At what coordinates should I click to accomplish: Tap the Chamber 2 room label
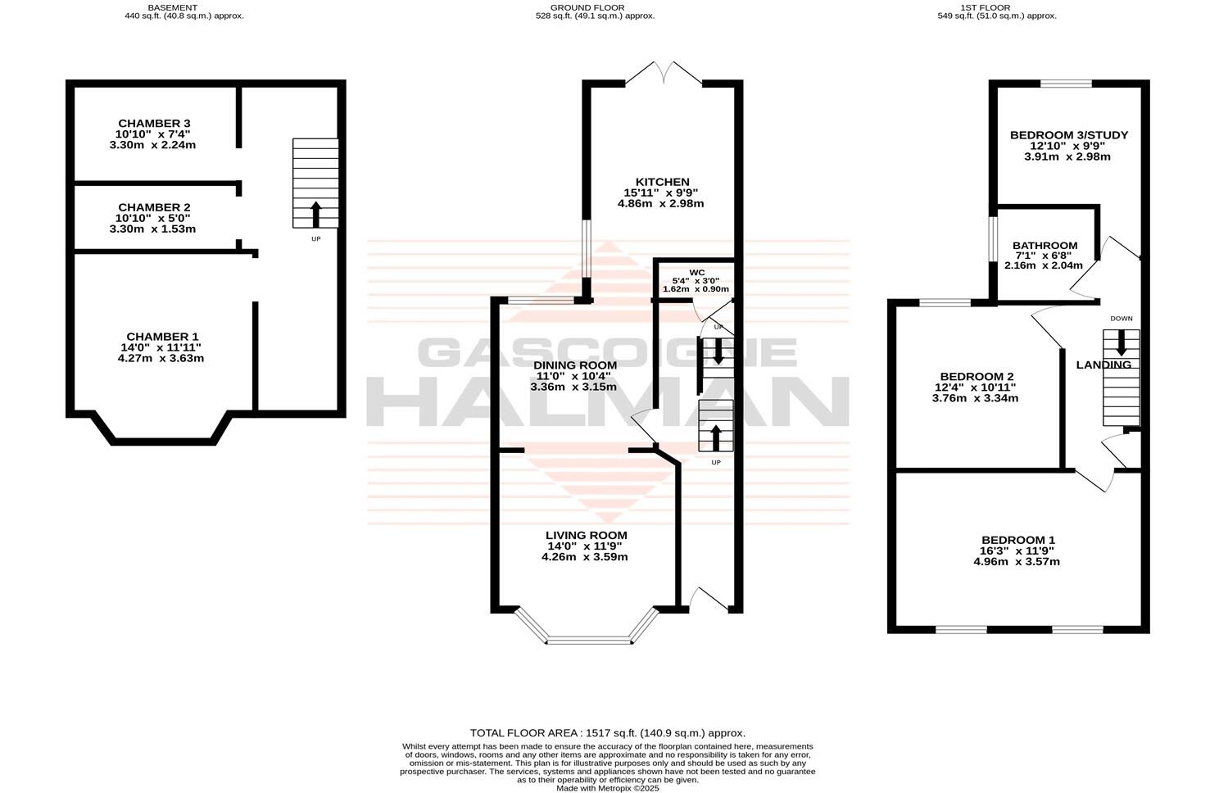[x=154, y=207]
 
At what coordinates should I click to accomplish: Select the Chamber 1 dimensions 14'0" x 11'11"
[x=162, y=347]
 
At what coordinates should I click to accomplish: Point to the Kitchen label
[x=663, y=182]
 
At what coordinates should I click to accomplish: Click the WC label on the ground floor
[x=696, y=272]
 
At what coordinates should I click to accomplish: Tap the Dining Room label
[x=574, y=365]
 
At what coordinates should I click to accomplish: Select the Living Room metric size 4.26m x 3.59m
[x=584, y=557]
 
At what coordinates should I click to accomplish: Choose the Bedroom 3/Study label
[x=1068, y=135]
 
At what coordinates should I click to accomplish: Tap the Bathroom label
[x=1045, y=246]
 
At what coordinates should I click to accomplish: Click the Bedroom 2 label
[x=975, y=377]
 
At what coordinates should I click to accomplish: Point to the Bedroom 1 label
[x=1017, y=540]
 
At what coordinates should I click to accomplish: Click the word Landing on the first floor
[x=1103, y=365]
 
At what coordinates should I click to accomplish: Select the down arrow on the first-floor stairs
[x=1121, y=344]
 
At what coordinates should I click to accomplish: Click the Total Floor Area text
[x=607, y=733]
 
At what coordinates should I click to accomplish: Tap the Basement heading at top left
[x=172, y=7]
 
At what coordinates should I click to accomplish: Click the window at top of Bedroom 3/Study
[x=1066, y=84]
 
